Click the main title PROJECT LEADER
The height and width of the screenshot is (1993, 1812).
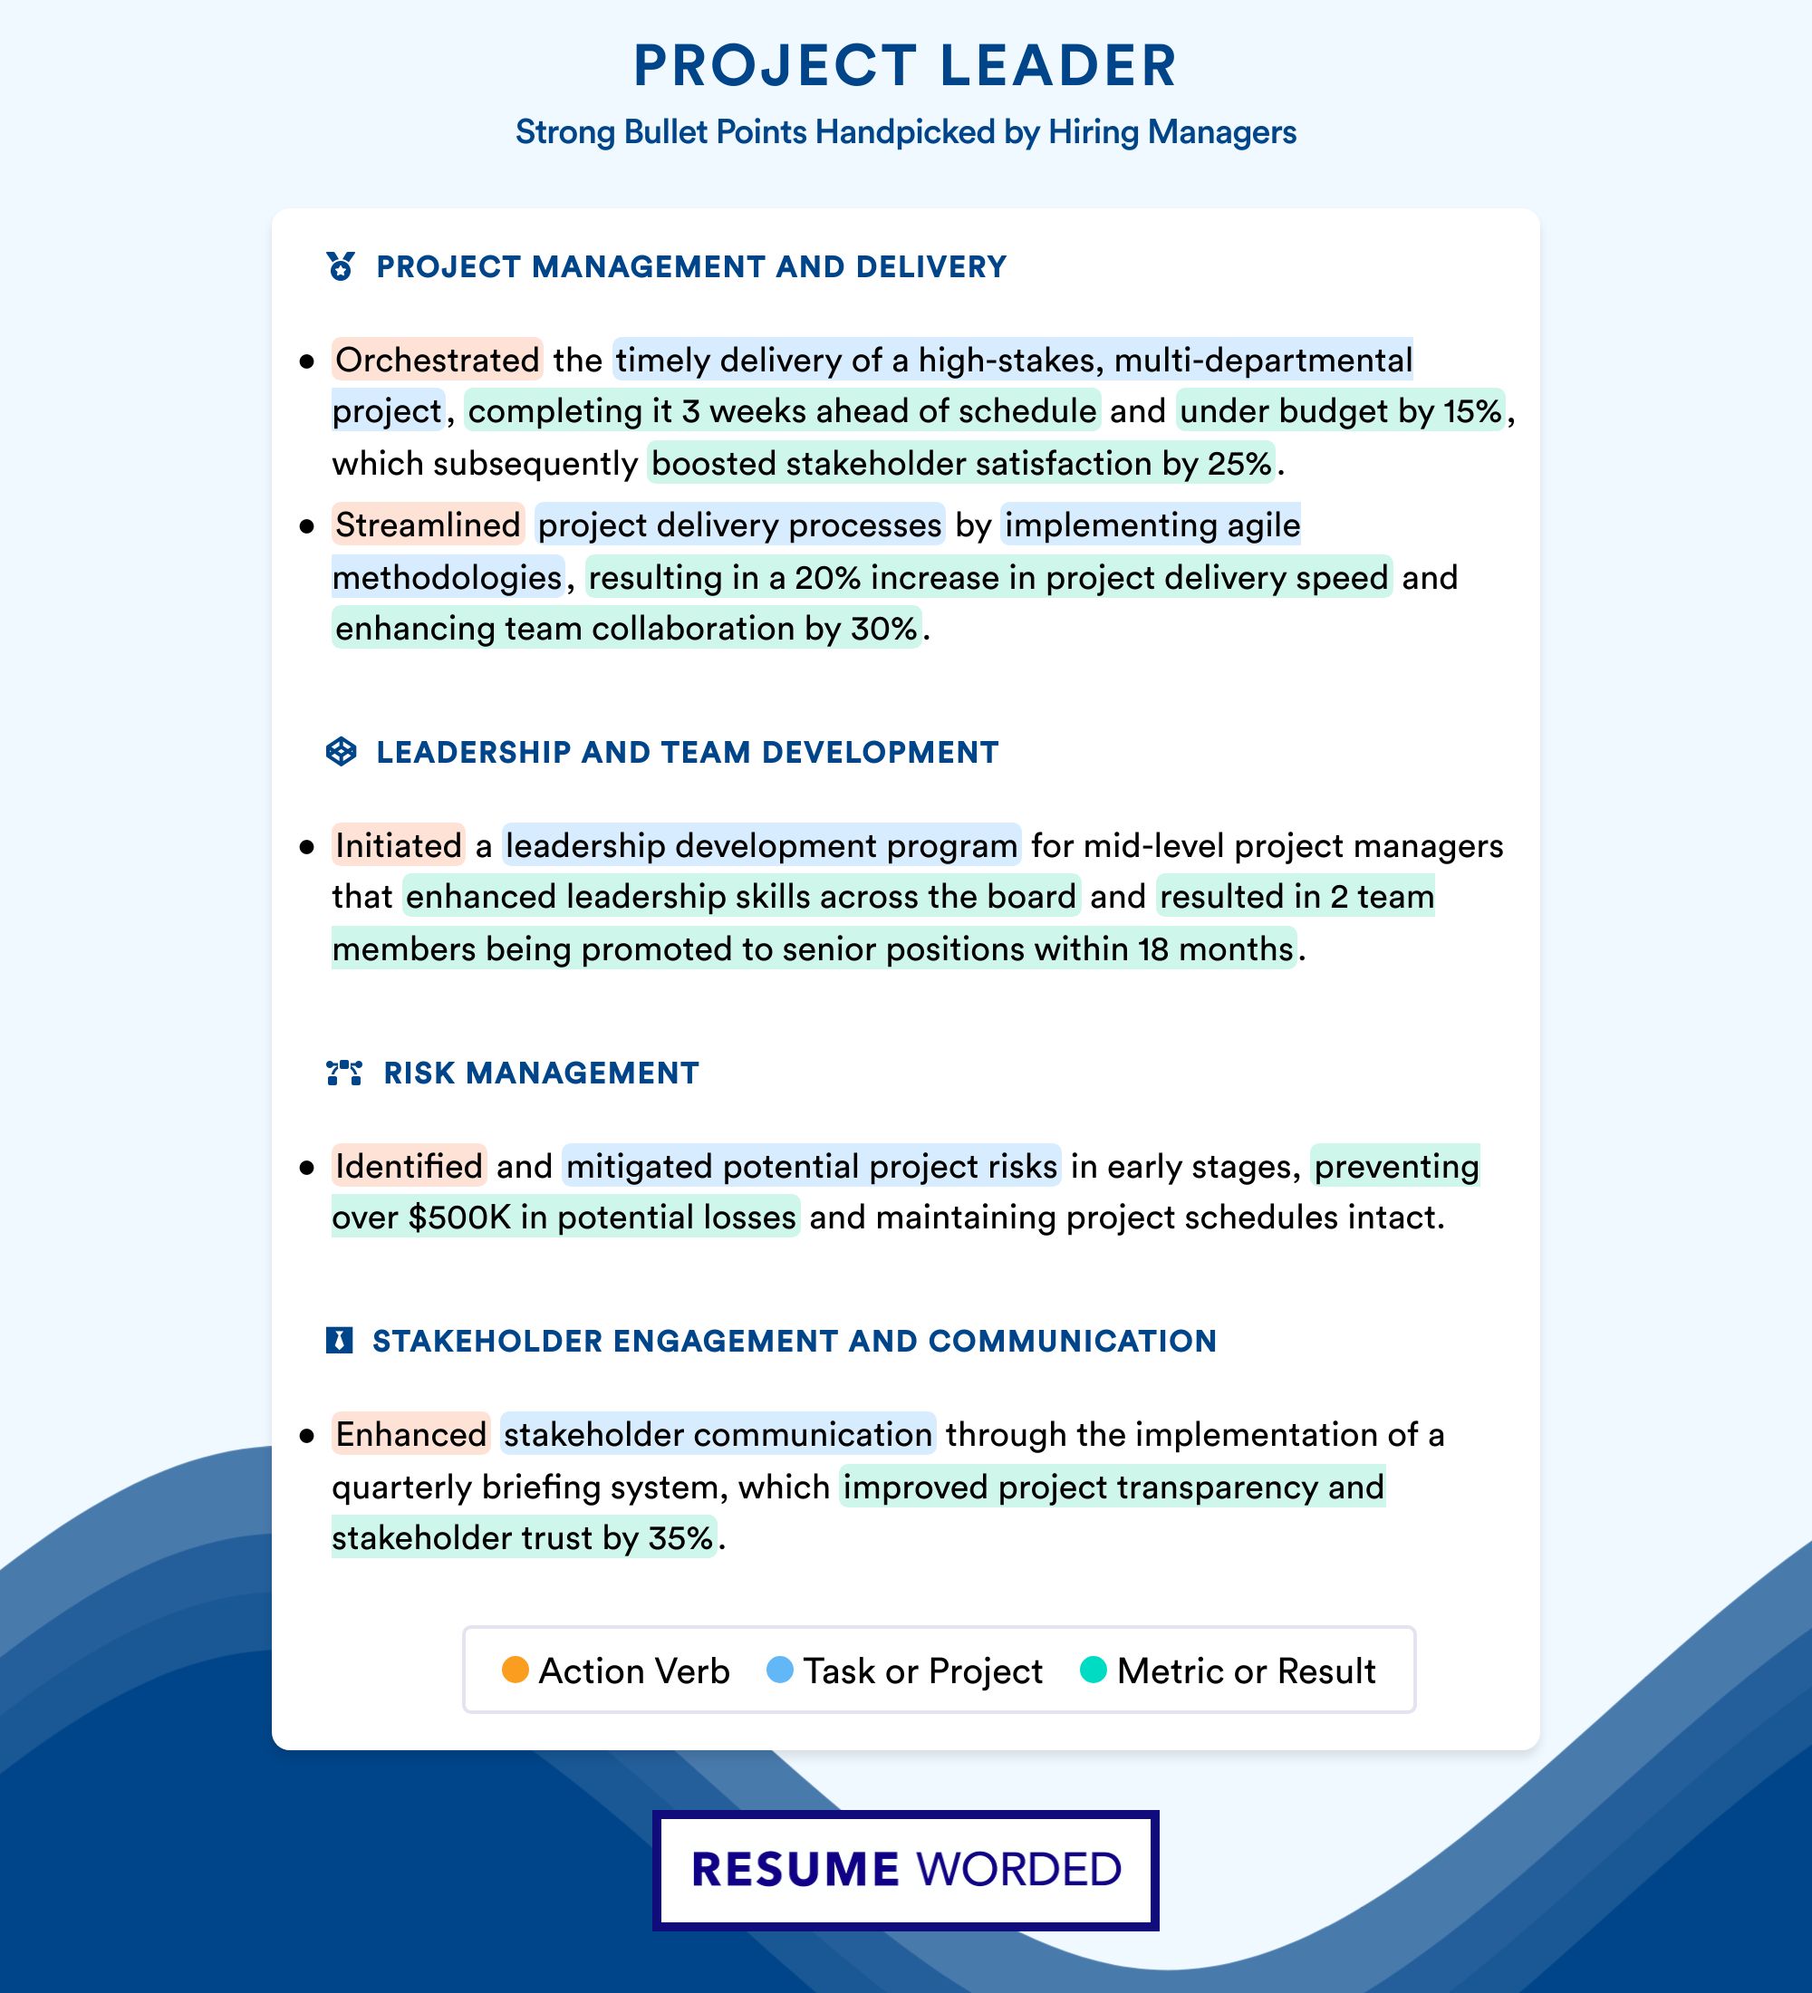[904, 66]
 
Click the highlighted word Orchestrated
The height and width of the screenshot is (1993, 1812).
[437, 360]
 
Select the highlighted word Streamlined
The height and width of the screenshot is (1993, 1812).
[427, 525]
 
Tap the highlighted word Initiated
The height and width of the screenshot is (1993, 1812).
[398, 845]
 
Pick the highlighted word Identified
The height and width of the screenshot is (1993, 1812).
[409, 1167]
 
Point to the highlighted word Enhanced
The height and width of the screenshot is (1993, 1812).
[410, 1434]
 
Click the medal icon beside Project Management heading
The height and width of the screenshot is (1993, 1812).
[341, 266]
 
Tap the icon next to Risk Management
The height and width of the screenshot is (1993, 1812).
[344, 1073]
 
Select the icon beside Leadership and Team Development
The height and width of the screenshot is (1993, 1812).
[341, 751]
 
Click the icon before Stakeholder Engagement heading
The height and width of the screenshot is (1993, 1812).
[339, 1341]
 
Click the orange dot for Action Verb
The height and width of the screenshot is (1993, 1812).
[515, 1670]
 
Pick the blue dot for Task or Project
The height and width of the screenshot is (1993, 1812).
[780, 1670]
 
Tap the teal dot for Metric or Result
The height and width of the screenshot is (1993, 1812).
[1094, 1670]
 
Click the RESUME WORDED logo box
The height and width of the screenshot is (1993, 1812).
[905, 1870]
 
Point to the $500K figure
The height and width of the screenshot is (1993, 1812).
[458, 1217]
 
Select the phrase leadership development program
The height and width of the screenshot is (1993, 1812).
[761, 845]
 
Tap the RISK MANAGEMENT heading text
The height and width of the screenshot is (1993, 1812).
[541, 1073]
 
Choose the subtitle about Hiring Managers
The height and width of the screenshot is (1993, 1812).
[905, 132]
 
